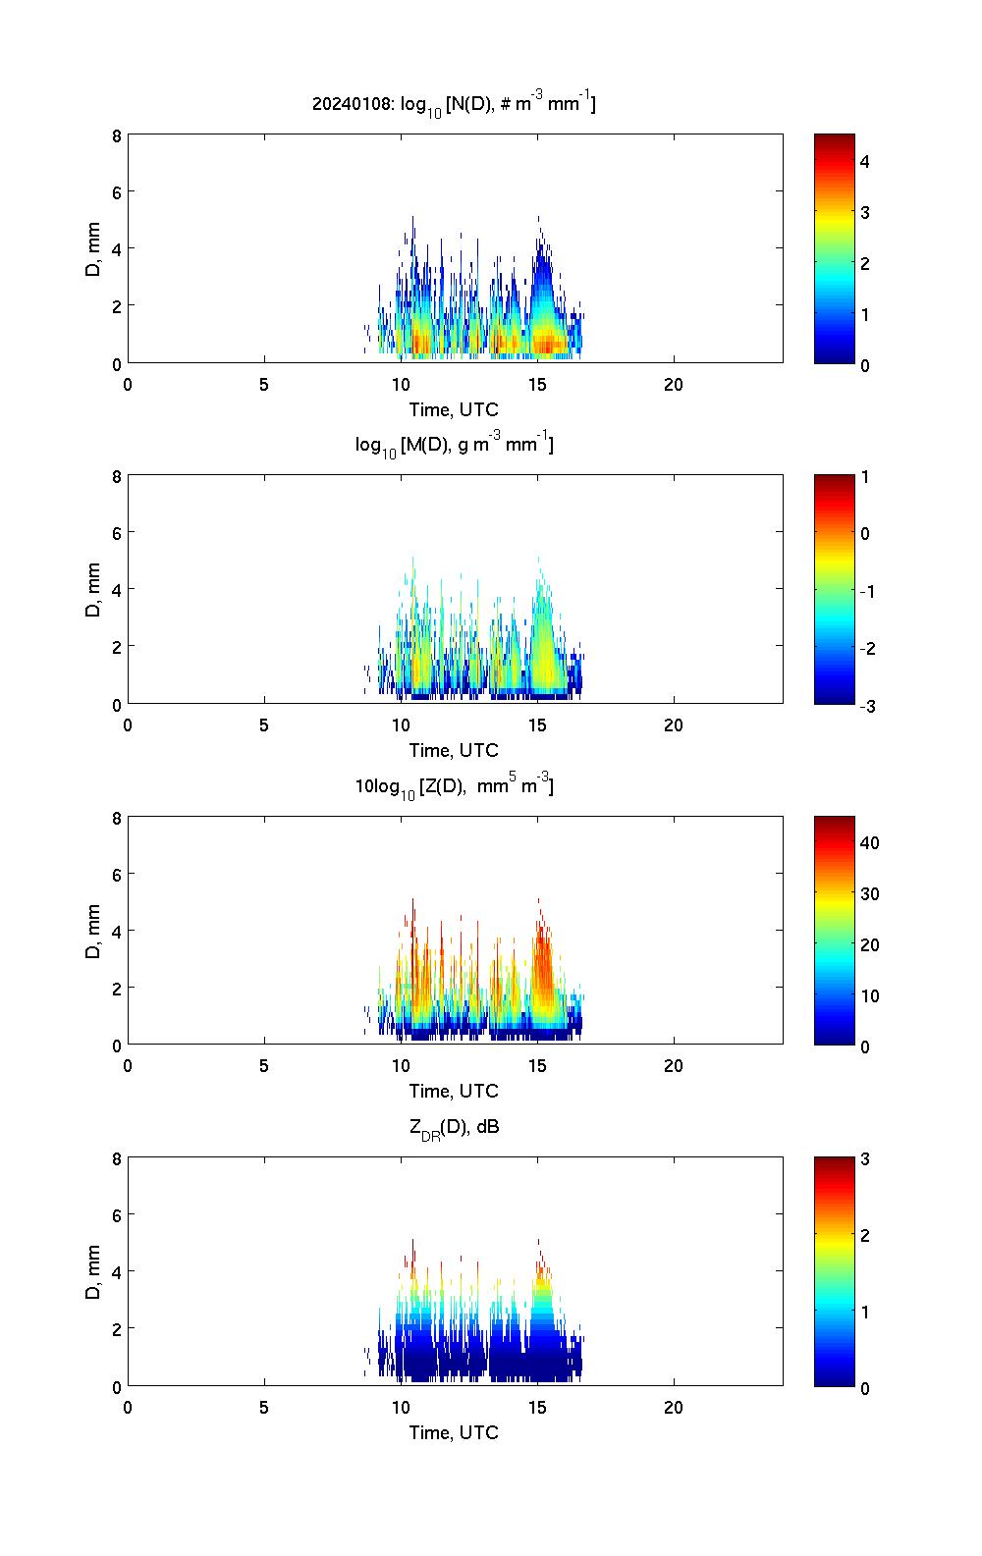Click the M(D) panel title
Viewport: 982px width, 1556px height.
tap(454, 445)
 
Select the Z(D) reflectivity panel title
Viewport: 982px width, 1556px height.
tap(454, 785)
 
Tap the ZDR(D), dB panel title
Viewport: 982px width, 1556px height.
tap(454, 1127)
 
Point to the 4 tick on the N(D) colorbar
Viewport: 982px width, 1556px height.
tap(865, 161)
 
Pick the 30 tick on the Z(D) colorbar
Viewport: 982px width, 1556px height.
tap(869, 893)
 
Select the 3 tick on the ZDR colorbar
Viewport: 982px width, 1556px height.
tap(865, 1159)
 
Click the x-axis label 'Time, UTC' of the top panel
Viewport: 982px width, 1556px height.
tap(454, 410)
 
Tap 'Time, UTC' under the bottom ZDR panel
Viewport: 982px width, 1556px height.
tap(454, 1432)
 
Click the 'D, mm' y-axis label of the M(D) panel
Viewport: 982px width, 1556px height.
tap(93, 589)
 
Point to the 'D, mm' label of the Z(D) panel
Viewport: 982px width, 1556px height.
tap(93, 930)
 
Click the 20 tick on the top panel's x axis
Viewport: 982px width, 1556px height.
tap(674, 384)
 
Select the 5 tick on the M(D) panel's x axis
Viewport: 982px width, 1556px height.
tap(264, 724)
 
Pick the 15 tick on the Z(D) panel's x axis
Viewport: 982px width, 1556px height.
tap(537, 1065)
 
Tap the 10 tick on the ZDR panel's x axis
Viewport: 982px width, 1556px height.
tap(401, 1406)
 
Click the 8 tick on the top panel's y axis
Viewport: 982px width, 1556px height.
tap(116, 135)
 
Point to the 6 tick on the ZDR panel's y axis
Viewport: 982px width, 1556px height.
tap(116, 1214)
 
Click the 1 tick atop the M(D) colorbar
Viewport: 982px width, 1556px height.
tap(865, 477)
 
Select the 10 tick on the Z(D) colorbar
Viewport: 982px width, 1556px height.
tap(869, 995)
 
